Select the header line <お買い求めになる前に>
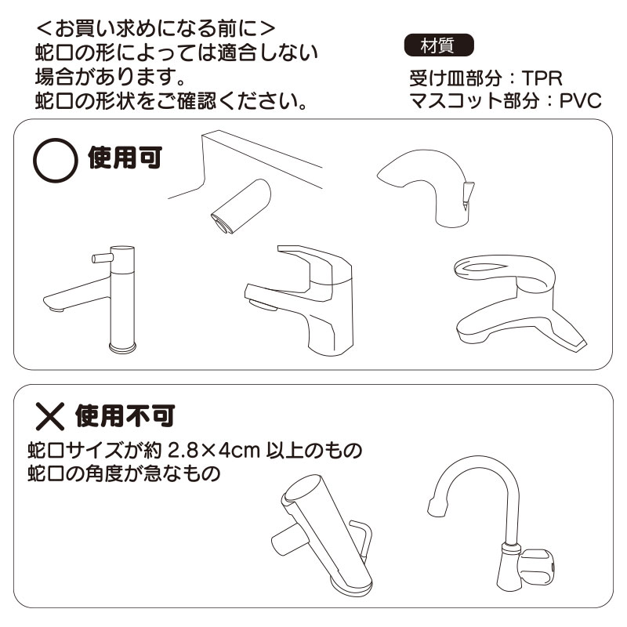pos(156,29)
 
